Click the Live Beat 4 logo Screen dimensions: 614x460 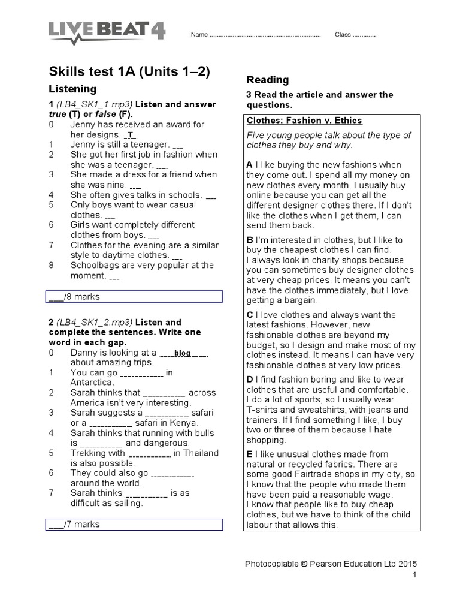[x=107, y=32]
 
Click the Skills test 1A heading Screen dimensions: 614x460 [x=129, y=71]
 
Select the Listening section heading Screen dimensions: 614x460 [x=72, y=89]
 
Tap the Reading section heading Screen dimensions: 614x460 [x=268, y=80]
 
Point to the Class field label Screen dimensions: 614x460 [x=343, y=35]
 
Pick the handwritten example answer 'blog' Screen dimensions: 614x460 [x=183, y=353]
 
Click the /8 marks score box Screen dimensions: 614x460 [x=135, y=297]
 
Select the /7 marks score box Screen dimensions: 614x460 [x=135, y=525]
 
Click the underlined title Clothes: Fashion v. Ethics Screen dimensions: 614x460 [x=304, y=120]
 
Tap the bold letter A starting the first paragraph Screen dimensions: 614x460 [x=249, y=164]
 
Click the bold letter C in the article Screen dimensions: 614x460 [x=250, y=315]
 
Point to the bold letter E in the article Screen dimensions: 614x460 [x=249, y=454]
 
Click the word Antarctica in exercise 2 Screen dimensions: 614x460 [x=92, y=383]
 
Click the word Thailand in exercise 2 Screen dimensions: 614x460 [x=201, y=453]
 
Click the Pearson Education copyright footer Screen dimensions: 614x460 [x=331, y=564]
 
